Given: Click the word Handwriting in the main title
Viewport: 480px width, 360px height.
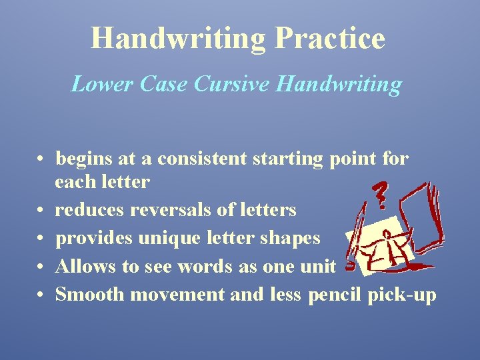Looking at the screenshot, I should tap(178, 38).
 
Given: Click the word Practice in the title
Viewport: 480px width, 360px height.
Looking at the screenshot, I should tap(329, 38).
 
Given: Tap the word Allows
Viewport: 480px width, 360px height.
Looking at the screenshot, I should tap(79, 266).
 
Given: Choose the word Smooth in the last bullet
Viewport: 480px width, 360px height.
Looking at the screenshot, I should tap(82, 294).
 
